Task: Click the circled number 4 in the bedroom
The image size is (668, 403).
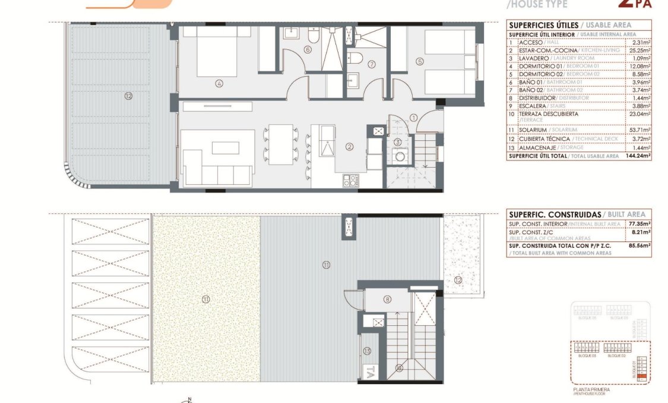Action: (219, 84)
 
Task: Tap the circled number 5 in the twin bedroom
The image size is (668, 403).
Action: (420, 61)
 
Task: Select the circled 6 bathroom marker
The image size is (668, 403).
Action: (307, 50)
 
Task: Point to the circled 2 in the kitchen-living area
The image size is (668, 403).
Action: (350, 146)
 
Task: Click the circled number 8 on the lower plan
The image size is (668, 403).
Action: (387, 300)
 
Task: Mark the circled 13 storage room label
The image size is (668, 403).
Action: (367, 351)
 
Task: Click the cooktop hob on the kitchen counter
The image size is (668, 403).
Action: (350, 180)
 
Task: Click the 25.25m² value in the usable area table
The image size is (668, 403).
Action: (640, 51)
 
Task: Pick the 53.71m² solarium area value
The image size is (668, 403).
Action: (640, 130)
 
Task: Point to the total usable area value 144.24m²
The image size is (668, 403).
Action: (638, 156)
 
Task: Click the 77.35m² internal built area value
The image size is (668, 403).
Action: (640, 224)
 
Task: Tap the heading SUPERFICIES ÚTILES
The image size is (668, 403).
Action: (543, 25)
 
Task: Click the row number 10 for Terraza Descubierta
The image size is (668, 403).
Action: (511, 114)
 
